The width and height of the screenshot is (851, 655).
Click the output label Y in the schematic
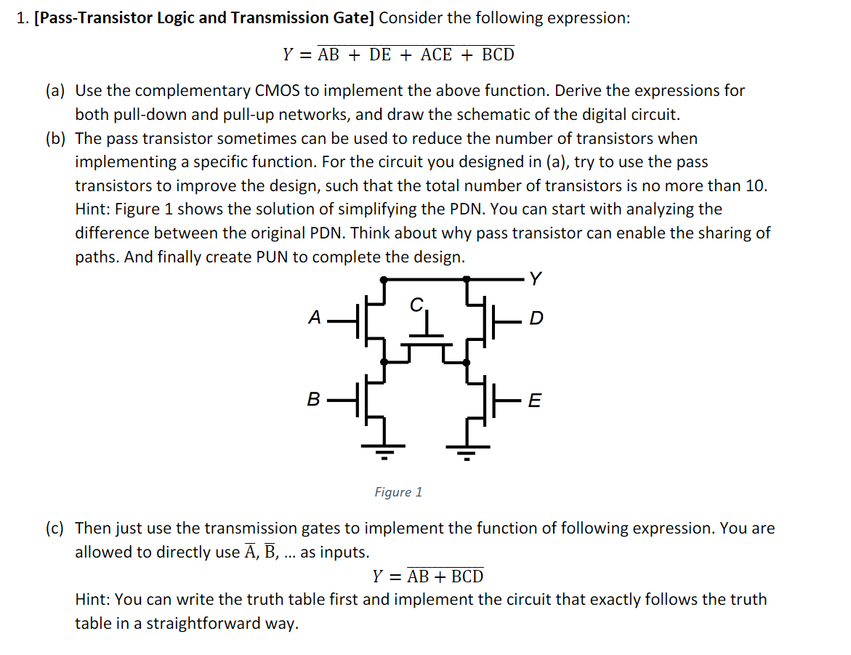535,278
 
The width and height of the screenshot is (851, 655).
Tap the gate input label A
314,318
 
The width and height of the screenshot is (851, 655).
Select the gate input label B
313,400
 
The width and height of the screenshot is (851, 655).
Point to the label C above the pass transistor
416,305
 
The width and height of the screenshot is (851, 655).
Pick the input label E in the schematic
534,401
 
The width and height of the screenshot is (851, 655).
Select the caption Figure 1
398,492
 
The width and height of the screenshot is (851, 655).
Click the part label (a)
55,91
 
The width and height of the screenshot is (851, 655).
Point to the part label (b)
55,138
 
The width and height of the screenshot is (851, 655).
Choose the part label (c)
55,528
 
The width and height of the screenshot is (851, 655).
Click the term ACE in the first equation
436,55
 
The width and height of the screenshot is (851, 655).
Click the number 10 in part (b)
755,185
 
